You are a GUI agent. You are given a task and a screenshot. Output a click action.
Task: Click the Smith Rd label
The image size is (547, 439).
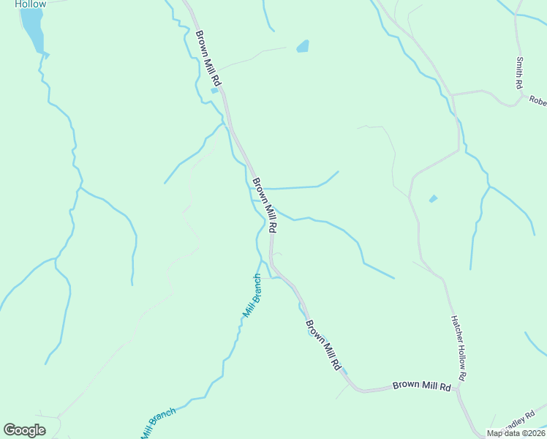tap(518, 73)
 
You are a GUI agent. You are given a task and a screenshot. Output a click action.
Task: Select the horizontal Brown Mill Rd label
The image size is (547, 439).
tap(421, 385)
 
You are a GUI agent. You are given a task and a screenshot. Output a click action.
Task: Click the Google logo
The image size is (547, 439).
tap(24, 430)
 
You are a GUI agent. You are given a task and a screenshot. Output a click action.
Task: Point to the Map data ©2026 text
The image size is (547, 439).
tap(516, 433)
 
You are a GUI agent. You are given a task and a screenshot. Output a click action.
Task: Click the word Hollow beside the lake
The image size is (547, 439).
tap(30, 4)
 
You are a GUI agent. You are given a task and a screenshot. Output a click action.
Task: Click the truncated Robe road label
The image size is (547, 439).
tap(537, 102)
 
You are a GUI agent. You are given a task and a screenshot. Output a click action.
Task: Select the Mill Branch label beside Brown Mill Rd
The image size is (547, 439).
tap(252, 296)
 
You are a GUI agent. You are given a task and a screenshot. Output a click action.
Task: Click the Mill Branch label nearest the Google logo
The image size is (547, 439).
tap(159, 423)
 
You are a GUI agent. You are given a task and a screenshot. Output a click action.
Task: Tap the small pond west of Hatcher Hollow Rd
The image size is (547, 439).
tap(433, 198)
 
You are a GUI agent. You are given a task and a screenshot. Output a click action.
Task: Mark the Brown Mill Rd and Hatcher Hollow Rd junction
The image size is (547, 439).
tap(457, 388)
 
